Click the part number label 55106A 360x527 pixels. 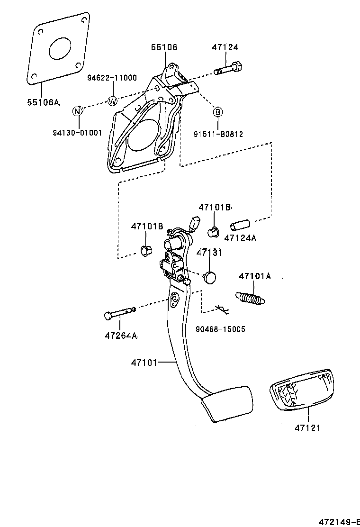pos(42,102)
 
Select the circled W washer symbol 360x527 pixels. pos(113,100)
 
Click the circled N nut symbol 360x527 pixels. pos(78,111)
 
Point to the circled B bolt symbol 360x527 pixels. pos(217,112)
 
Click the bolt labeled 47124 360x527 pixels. pos(228,69)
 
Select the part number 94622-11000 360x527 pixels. pos(112,78)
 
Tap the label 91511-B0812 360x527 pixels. pos(218,134)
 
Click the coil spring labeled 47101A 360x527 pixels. pos(250,298)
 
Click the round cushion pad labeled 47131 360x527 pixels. pos(209,276)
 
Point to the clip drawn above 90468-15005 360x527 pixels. pos(222,310)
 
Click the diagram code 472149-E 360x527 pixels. pos(338,522)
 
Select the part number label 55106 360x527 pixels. pos(164,47)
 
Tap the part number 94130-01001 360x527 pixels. pos(77,133)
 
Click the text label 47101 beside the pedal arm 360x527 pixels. pos(144,363)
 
